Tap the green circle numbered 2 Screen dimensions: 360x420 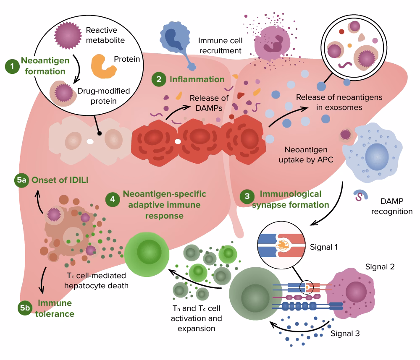[158, 79]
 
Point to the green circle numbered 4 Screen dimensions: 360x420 [112, 200]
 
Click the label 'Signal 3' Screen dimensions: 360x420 [345, 334]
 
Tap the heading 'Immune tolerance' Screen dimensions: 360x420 [55, 308]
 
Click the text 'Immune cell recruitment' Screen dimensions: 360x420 [220, 46]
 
